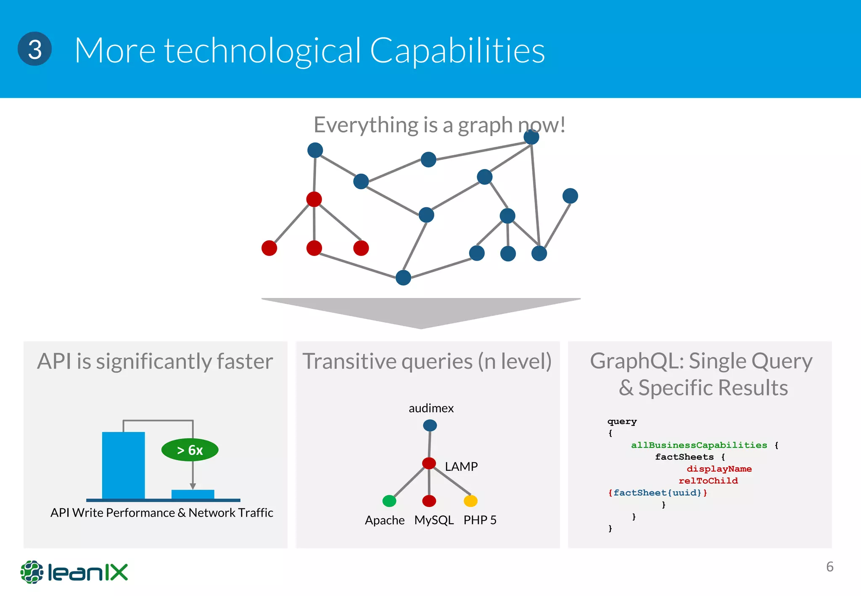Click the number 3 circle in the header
34,49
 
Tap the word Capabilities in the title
457,50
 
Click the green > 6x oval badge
190,450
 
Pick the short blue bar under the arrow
193,494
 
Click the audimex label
431,408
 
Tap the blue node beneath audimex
430,425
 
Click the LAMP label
461,467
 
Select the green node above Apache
389,501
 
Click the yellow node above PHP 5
470,501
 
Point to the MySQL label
434,520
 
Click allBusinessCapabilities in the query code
699,445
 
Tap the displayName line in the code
719,469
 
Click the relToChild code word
708,480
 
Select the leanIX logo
74,572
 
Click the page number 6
829,567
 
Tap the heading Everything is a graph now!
439,125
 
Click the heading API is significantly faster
155,361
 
